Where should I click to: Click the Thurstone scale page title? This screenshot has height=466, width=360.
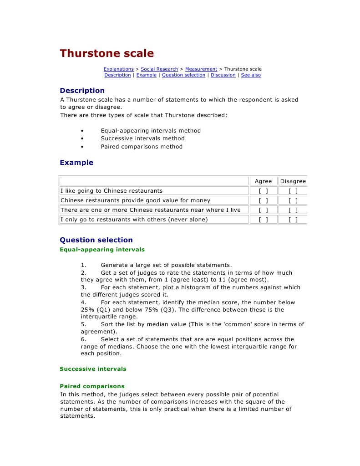107,53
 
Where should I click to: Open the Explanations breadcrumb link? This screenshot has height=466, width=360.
118,69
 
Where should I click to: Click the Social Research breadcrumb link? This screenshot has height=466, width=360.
159,69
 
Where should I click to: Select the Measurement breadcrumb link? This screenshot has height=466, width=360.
201,69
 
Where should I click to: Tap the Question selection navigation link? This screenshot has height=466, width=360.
183,75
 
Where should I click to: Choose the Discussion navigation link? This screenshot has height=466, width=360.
223,75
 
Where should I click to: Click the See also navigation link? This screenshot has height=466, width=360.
251,75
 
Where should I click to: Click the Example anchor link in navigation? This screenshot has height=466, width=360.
146,75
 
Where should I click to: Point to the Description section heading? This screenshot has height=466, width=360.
82,91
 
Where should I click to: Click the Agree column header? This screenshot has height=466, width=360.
263,181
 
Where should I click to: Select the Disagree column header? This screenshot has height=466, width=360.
293,181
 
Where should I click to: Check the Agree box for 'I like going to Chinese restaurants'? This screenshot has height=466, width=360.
263,191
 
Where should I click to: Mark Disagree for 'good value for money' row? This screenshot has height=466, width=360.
293,200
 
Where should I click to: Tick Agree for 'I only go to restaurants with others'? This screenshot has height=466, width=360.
263,220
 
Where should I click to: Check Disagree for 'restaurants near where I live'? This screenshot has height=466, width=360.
293,210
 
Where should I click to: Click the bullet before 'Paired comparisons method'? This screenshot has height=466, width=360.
82,147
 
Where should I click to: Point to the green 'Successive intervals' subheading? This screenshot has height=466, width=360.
93,369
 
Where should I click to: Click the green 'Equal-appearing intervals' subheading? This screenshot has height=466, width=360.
102,250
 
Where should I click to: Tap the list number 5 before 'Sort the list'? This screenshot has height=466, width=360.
84,324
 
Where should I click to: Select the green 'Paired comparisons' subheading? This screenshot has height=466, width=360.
92,386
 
